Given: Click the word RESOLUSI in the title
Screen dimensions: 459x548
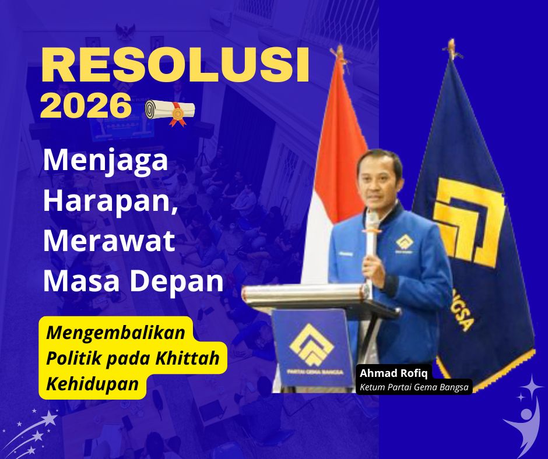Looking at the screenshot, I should coord(174,66).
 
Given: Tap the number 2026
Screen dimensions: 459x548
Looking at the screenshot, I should coord(86,106).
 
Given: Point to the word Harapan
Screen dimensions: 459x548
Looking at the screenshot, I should coord(108,202).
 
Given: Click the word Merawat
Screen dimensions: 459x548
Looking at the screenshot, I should coord(109,241).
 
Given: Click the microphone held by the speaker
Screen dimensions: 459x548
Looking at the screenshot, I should coord(371,233).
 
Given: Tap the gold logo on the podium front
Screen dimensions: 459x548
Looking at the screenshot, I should coord(311,344).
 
